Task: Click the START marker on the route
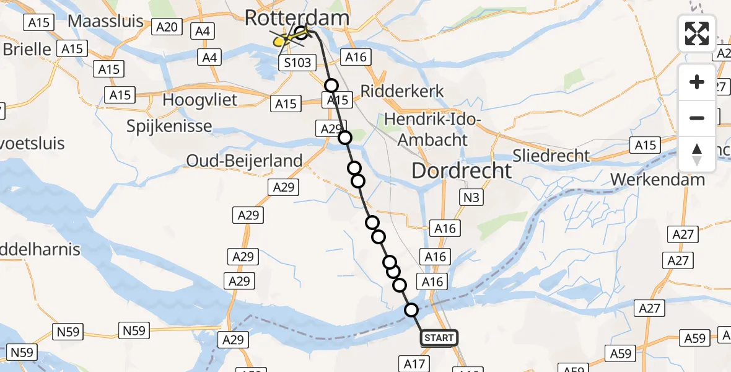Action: [x=439, y=338]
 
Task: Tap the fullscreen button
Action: [x=697, y=33]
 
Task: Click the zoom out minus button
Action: [x=697, y=118]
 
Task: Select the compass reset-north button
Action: [x=697, y=154]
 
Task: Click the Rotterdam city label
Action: [x=297, y=17]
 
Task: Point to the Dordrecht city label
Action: [x=462, y=170]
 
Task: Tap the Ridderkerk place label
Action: [x=411, y=91]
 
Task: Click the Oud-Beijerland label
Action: [x=245, y=161]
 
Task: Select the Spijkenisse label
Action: [x=169, y=126]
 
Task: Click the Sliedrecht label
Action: [x=551, y=155]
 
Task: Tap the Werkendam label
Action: [x=657, y=180]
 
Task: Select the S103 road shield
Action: [x=297, y=63]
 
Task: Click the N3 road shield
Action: [x=470, y=198]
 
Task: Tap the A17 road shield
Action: [x=414, y=363]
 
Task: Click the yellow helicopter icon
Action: [x=282, y=41]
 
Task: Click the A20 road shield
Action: [x=167, y=27]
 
